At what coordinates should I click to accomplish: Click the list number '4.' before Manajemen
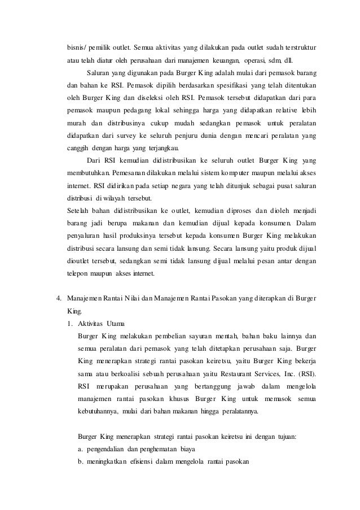57,297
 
